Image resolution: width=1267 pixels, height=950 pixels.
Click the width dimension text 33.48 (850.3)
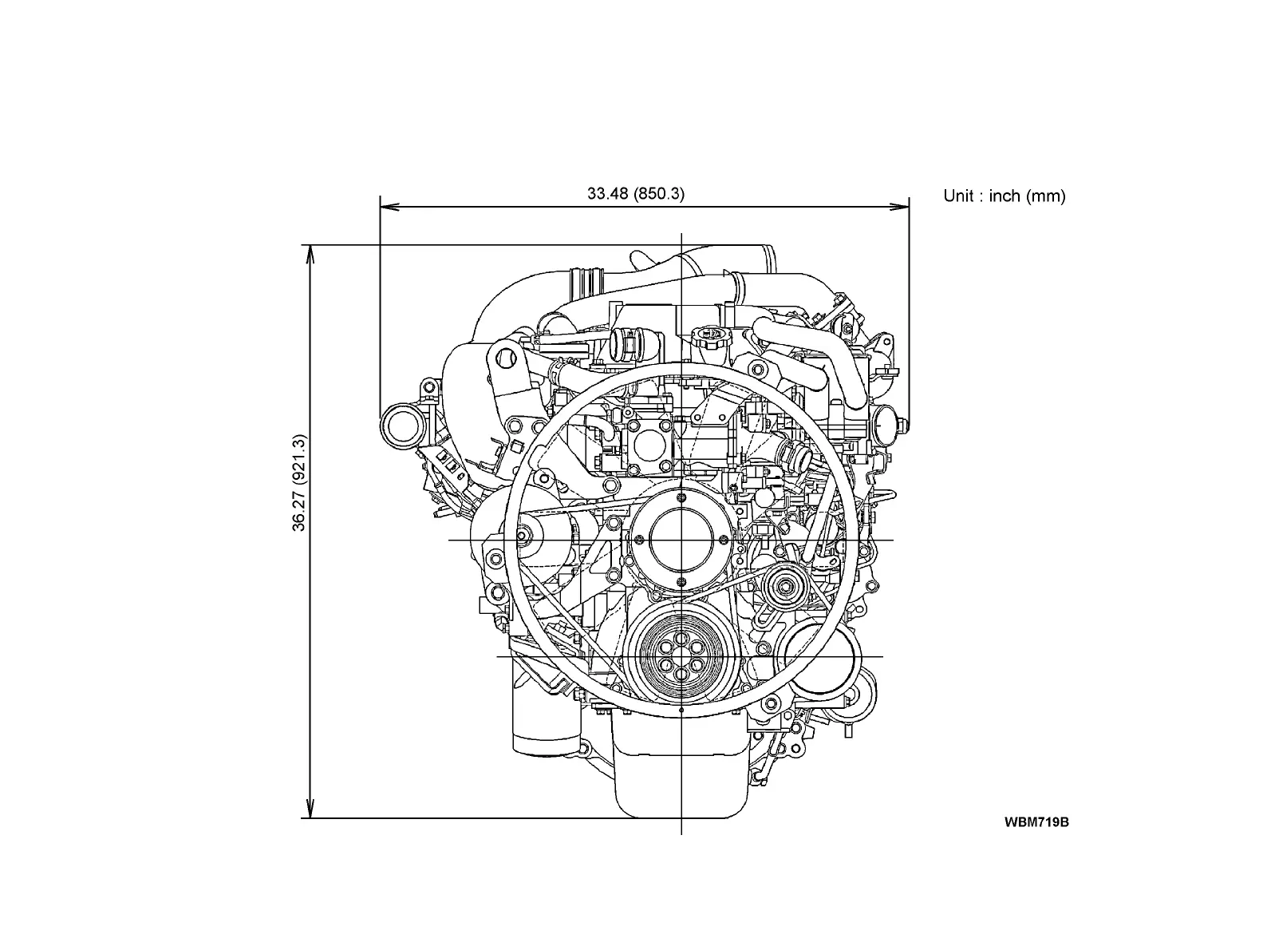click(636, 193)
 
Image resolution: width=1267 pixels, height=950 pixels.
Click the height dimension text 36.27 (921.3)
click(298, 483)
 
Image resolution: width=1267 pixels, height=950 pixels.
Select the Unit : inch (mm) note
click(1004, 196)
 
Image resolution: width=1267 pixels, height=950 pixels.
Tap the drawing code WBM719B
click(1036, 821)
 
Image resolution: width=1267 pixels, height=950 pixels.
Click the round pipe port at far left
click(397, 424)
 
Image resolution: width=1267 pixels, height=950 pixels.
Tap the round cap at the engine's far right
click(886, 425)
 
